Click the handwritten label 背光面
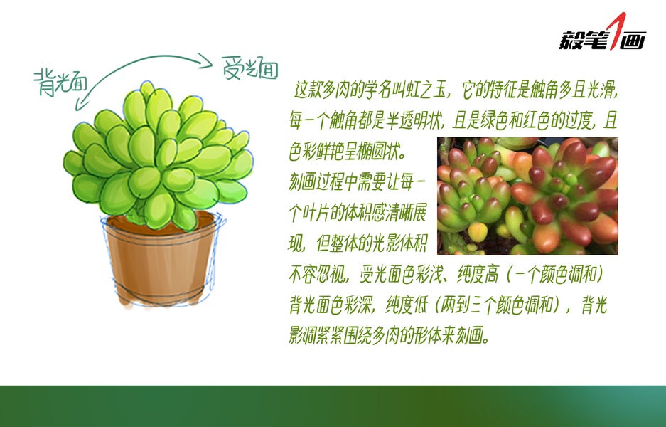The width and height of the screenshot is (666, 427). (x=60, y=82)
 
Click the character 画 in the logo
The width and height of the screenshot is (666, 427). (x=633, y=41)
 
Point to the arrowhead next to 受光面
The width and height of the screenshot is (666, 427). (x=205, y=60)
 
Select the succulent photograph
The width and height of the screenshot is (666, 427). (x=527, y=196)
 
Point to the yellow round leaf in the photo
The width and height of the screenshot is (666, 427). (x=478, y=232)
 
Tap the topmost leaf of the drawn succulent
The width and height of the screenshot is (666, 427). (x=147, y=90)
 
